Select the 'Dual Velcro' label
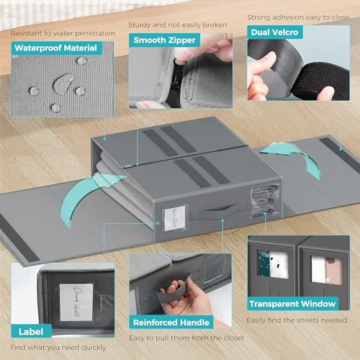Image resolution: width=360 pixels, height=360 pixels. click(x=276, y=32)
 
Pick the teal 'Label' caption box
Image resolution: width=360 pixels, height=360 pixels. click(x=32, y=332)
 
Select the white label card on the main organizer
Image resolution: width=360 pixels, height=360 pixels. click(x=176, y=215)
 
